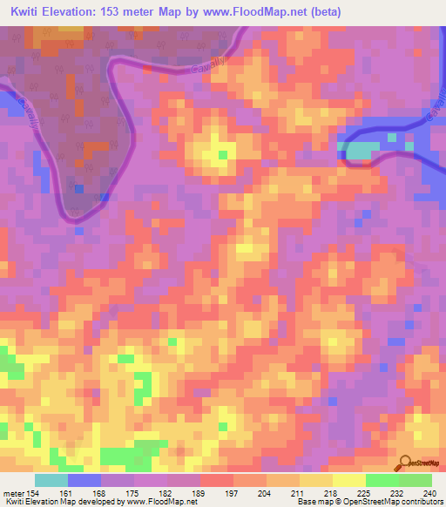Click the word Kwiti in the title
(26, 11)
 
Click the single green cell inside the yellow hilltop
(222, 155)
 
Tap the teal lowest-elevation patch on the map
(358, 152)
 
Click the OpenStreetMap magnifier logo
(403, 464)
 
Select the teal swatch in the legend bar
(51, 480)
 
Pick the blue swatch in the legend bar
(84, 480)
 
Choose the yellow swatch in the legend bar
(348, 480)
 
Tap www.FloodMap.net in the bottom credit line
(161, 502)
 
